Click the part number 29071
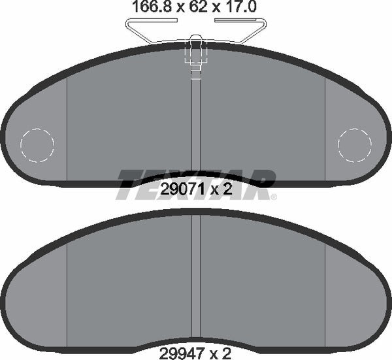tap(179, 190)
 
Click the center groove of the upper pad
tap(195, 131)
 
